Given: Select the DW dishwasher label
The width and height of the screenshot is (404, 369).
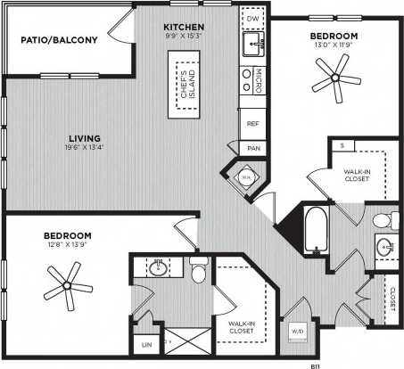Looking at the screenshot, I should [x=251, y=18].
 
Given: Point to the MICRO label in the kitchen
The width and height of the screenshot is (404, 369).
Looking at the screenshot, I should [x=257, y=78].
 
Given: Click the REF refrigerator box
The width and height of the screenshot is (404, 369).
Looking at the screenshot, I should [x=252, y=125].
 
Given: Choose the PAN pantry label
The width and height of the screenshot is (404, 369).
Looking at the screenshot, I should [x=253, y=148].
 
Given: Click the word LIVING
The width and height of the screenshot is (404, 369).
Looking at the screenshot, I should [x=87, y=139].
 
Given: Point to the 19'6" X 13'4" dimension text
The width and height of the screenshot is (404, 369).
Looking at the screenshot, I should [x=88, y=150].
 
